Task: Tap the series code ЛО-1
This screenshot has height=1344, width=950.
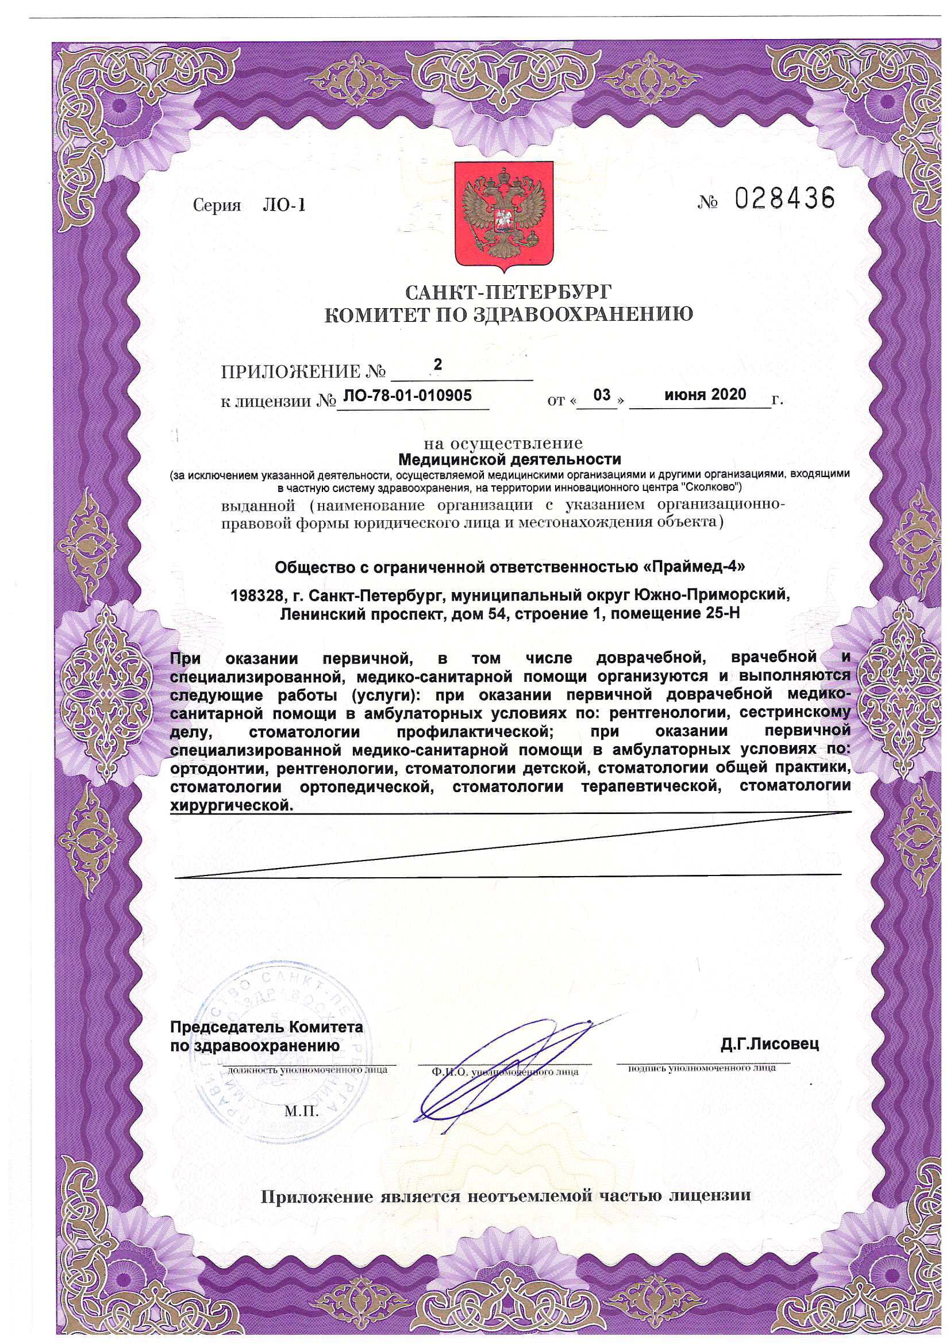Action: [x=284, y=205]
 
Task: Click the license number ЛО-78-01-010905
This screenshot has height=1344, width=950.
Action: [x=407, y=395]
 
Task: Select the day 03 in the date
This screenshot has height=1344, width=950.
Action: [x=601, y=394]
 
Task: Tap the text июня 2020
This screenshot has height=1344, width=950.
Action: [x=705, y=394]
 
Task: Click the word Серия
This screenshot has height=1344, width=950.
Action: [x=217, y=205]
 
